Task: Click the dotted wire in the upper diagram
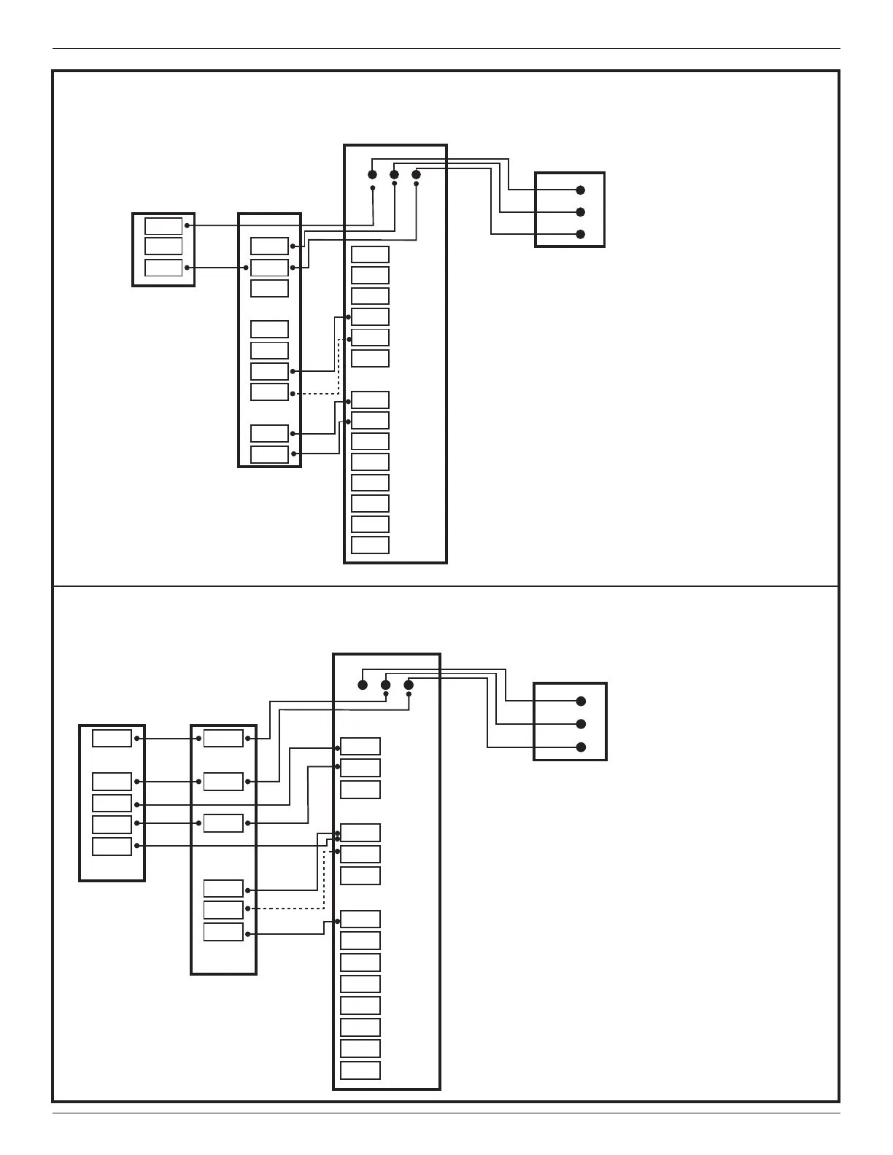click(x=315, y=394)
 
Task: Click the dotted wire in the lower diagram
click(x=292, y=909)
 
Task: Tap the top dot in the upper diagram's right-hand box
click(x=581, y=190)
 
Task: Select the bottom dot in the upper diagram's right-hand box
click(x=581, y=234)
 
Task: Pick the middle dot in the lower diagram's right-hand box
click(x=581, y=724)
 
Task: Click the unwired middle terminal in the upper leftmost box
click(x=163, y=246)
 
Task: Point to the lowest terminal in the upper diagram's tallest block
click(x=370, y=545)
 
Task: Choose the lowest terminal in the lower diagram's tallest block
click(x=360, y=1070)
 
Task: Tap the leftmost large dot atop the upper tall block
click(x=372, y=174)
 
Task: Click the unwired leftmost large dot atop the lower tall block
click(x=363, y=685)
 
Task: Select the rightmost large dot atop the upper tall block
click(x=416, y=174)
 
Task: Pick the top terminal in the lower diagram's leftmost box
click(x=112, y=739)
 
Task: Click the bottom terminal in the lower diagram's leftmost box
click(x=112, y=847)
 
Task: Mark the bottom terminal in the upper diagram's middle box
click(x=269, y=454)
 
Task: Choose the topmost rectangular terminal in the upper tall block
click(x=370, y=254)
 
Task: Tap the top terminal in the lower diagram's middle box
click(x=223, y=739)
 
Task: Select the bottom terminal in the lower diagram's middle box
click(x=223, y=933)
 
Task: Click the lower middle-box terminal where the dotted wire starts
click(x=223, y=910)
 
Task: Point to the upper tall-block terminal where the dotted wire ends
click(x=370, y=338)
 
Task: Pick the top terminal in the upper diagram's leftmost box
click(x=163, y=226)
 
